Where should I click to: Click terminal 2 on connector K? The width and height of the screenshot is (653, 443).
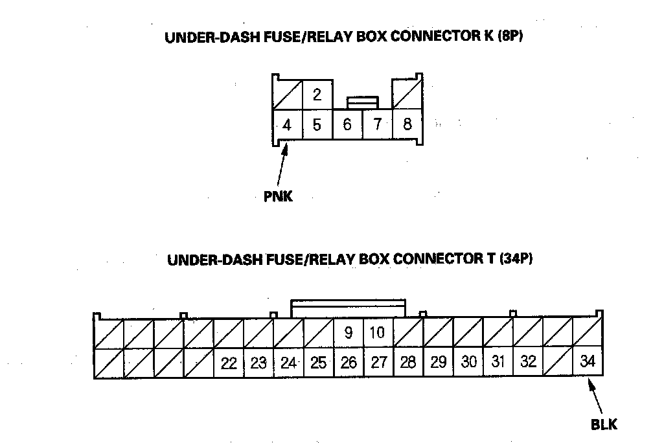pyautogui.click(x=317, y=95)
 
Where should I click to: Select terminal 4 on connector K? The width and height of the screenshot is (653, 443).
pyautogui.click(x=288, y=124)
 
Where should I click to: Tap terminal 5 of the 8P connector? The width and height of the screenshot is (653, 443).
pyautogui.click(x=317, y=124)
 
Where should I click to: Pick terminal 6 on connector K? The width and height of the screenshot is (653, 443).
pyautogui.click(x=347, y=124)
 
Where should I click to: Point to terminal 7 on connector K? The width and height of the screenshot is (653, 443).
pyautogui.click(x=377, y=124)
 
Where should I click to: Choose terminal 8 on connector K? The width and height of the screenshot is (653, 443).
pyautogui.click(x=407, y=124)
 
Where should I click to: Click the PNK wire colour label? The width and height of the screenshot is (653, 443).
pyautogui.click(x=278, y=196)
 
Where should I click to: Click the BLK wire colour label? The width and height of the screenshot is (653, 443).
pyautogui.click(x=604, y=424)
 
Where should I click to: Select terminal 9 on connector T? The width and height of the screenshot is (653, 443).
pyautogui.click(x=349, y=333)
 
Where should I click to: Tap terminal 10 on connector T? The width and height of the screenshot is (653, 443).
pyautogui.click(x=378, y=333)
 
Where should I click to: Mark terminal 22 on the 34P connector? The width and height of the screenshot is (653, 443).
pyautogui.click(x=229, y=363)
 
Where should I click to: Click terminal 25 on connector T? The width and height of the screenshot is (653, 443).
pyautogui.click(x=319, y=363)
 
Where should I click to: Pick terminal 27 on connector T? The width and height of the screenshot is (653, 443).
pyautogui.click(x=378, y=362)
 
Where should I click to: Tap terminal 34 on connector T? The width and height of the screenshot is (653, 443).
pyautogui.click(x=588, y=361)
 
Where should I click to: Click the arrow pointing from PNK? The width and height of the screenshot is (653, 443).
pyautogui.click(x=282, y=165)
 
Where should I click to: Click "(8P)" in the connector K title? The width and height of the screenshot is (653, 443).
pyautogui.click(x=510, y=36)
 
